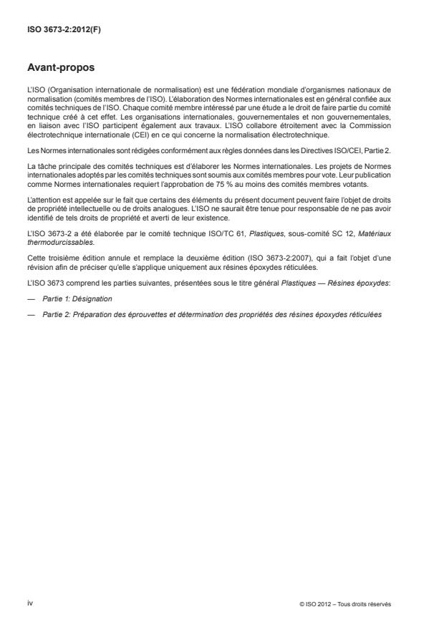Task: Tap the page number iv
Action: [x=30, y=603]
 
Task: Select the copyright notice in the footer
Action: [x=346, y=604]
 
